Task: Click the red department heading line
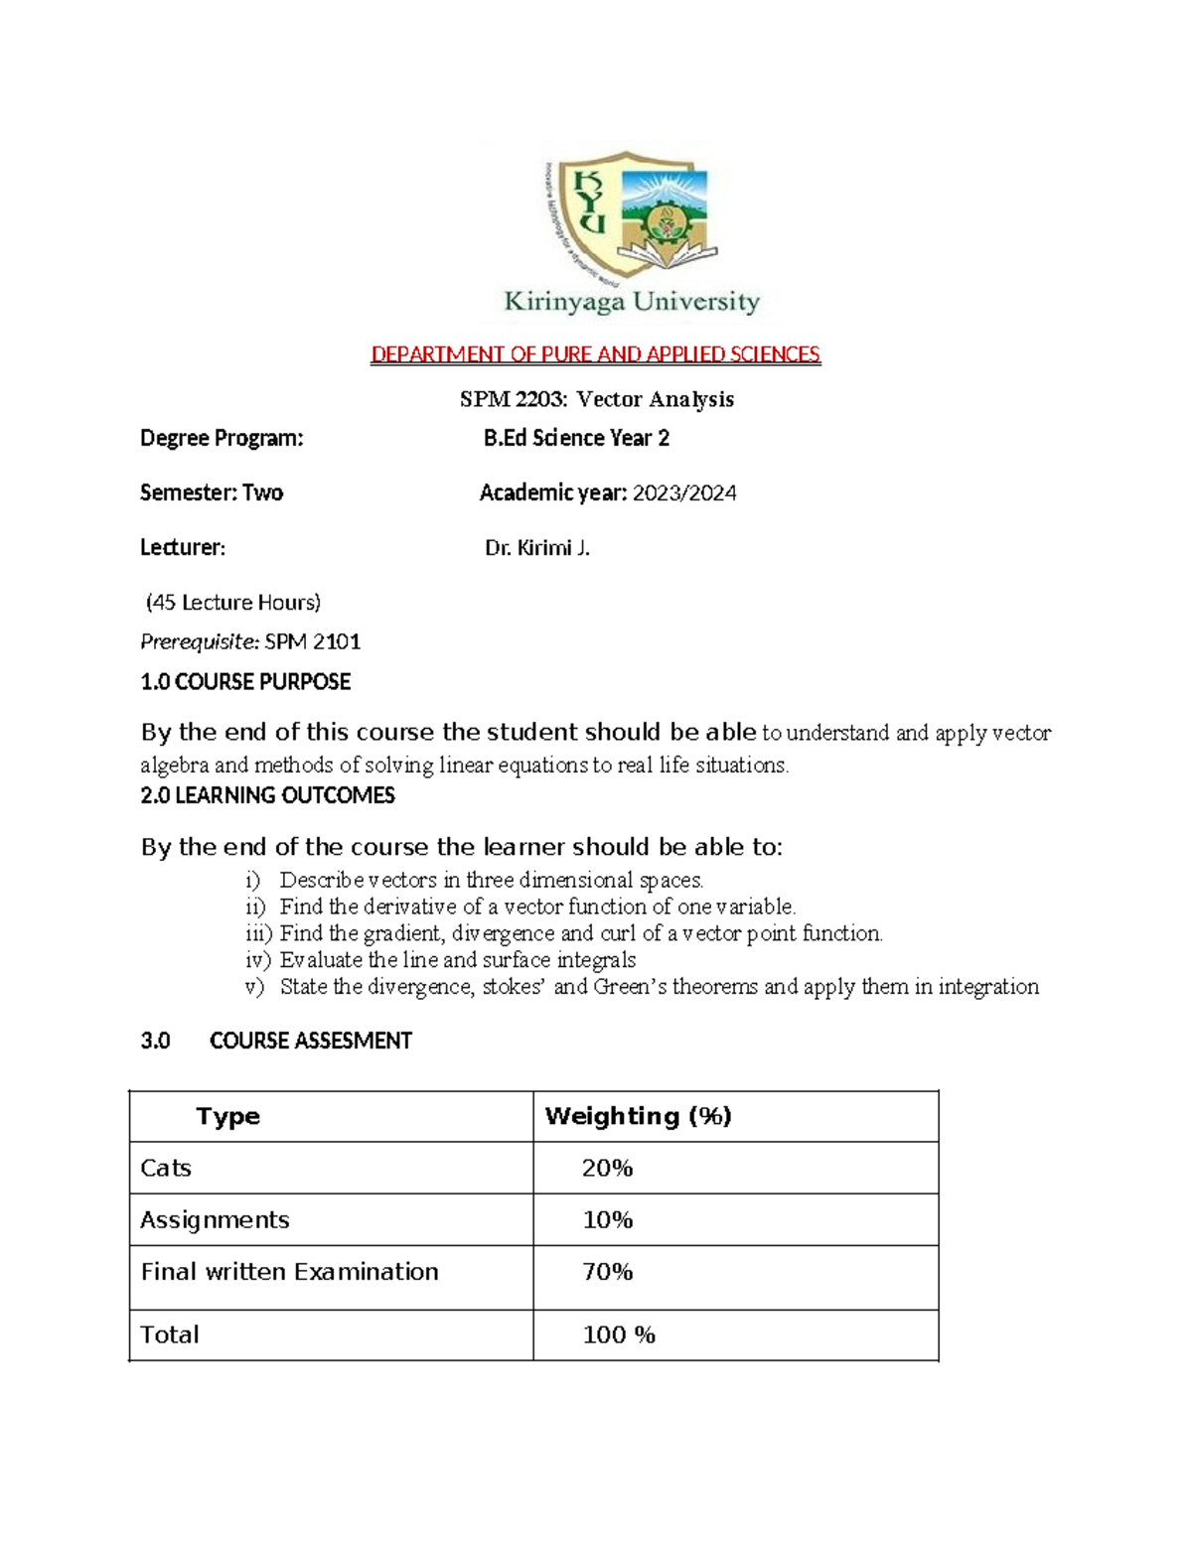click(x=595, y=354)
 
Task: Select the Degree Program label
click(x=222, y=438)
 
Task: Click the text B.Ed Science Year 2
click(x=576, y=438)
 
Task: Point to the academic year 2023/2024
click(x=685, y=493)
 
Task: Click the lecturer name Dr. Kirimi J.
click(x=537, y=548)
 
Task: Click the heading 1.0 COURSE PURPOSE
click(x=245, y=682)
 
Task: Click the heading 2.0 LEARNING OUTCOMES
click(x=267, y=795)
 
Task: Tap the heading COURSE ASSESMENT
click(x=310, y=1041)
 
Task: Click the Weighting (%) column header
click(x=638, y=1116)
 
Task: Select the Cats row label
click(x=166, y=1168)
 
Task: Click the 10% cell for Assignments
click(x=608, y=1220)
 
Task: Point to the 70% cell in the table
click(x=608, y=1272)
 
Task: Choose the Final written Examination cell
click(x=289, y=1272)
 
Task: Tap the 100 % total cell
click(x=619, y=1334)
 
